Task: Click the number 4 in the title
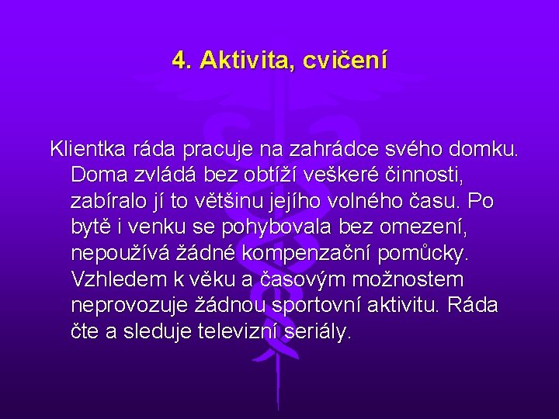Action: tap(180, 60)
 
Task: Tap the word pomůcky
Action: tap(429, 254)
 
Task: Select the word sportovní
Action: tap(318, 306)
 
